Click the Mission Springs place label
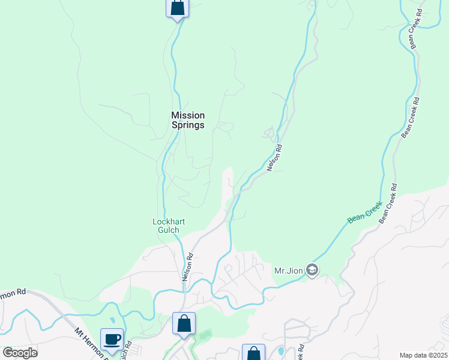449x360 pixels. pos(188,120)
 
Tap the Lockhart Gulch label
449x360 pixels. pos(169,226)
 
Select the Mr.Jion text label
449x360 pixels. pos(289,271)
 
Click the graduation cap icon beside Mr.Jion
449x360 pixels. pos(312,271)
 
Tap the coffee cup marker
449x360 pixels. pos(112,340)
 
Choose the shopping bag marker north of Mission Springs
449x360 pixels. pos(177,8)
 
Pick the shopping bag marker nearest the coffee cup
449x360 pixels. pos(184,324)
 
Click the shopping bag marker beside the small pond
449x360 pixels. pos(253,353)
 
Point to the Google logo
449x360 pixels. pos(20,353)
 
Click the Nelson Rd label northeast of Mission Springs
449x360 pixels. pos(274,158)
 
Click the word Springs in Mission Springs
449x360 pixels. pos(188,125)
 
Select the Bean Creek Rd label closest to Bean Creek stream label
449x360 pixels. pos(388,204)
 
